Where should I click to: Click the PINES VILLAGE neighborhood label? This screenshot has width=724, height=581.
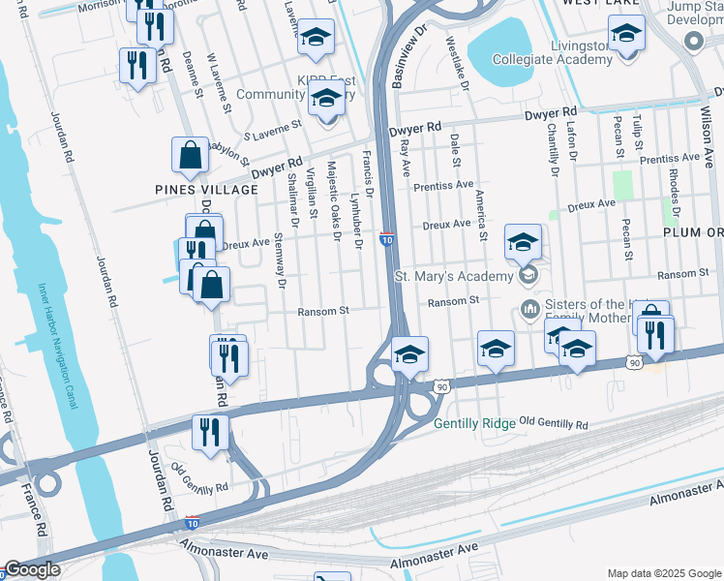coord(206,190)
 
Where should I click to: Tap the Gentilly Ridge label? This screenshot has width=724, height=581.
coord(475,424)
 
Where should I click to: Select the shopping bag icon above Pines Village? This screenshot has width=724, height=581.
coord(190,155)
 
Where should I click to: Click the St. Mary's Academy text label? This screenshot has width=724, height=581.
coord(452,277)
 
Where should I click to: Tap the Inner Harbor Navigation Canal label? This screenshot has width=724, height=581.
coord(56,345)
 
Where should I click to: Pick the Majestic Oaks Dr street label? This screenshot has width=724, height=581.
coord(334,198)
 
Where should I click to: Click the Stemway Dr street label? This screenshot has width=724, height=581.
coord(280,260)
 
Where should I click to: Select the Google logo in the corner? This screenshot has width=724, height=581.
coord(32,569)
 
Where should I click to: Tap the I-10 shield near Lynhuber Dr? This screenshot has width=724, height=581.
coord(385,239)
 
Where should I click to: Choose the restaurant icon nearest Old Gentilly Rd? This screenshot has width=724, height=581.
coord(210,432)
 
